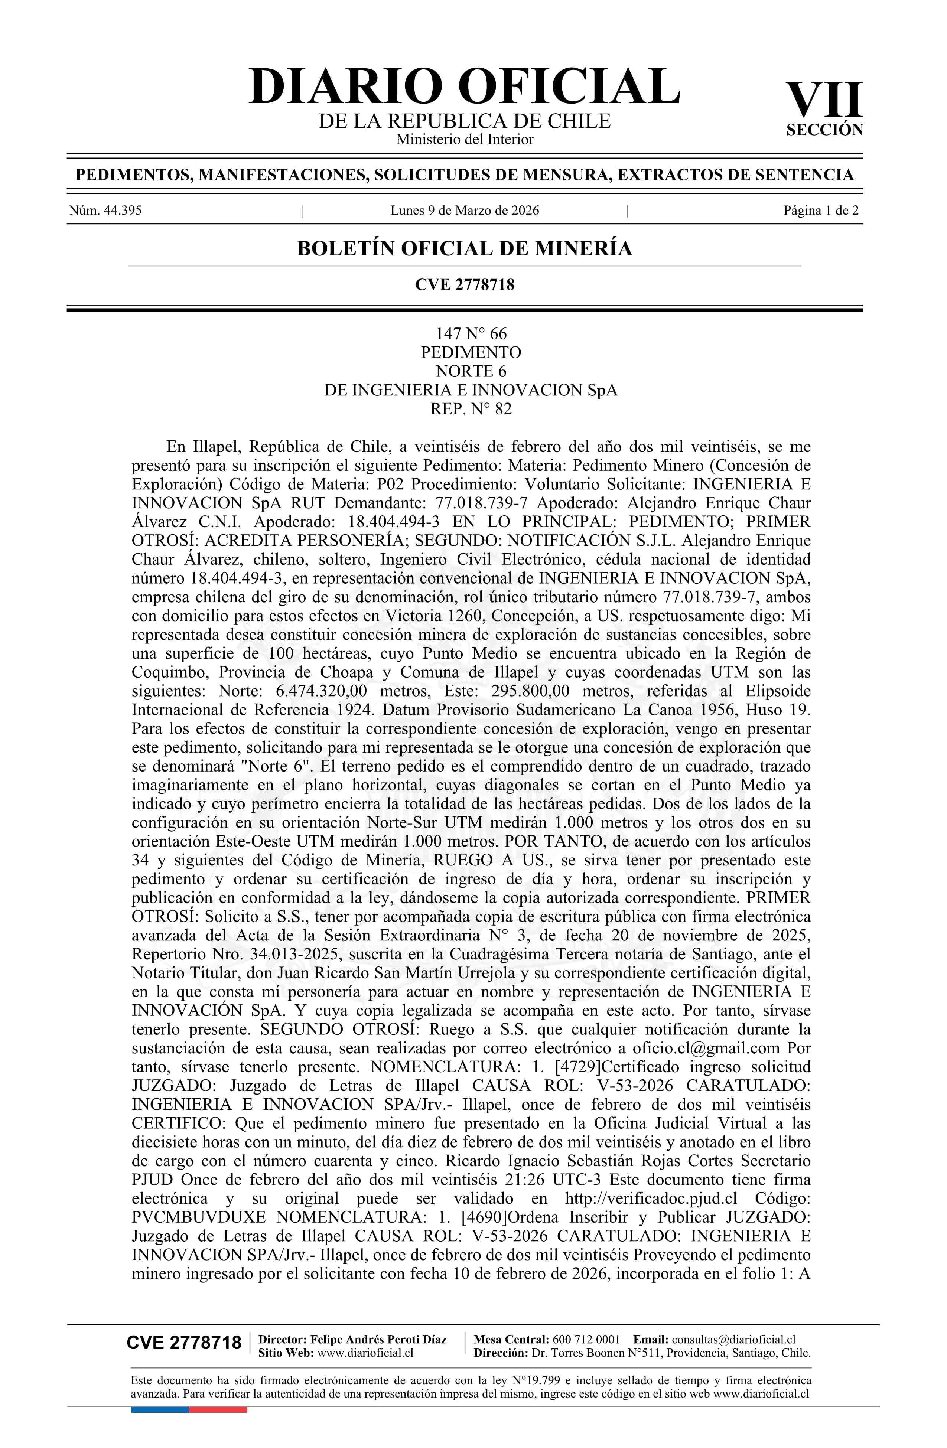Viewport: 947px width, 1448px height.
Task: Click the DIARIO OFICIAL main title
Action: click(464, 87)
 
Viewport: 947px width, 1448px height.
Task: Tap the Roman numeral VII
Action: click(824, 100)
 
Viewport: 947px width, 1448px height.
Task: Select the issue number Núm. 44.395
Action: click(105, 211)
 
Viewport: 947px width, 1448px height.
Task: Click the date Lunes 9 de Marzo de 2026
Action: click(464, 211)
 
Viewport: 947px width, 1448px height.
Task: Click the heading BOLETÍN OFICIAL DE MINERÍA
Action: click(464, 249)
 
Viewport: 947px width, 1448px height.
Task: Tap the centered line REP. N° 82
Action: click(471, 409)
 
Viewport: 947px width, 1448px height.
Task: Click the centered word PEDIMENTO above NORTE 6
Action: click(471, 352)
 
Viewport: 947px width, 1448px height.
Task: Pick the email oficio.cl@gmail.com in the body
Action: click(706, 1048)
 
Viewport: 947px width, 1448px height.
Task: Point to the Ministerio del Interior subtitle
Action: click(464, 139)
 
